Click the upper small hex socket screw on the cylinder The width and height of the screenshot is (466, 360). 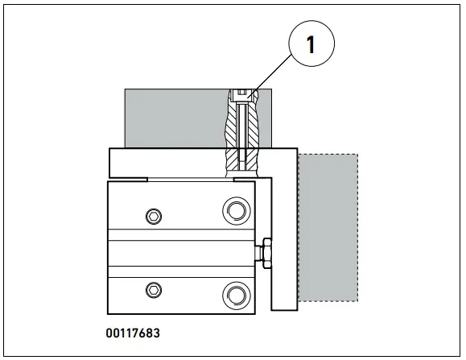154,215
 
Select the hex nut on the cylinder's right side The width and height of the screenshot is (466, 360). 263,252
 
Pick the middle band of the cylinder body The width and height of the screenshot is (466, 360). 181,252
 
